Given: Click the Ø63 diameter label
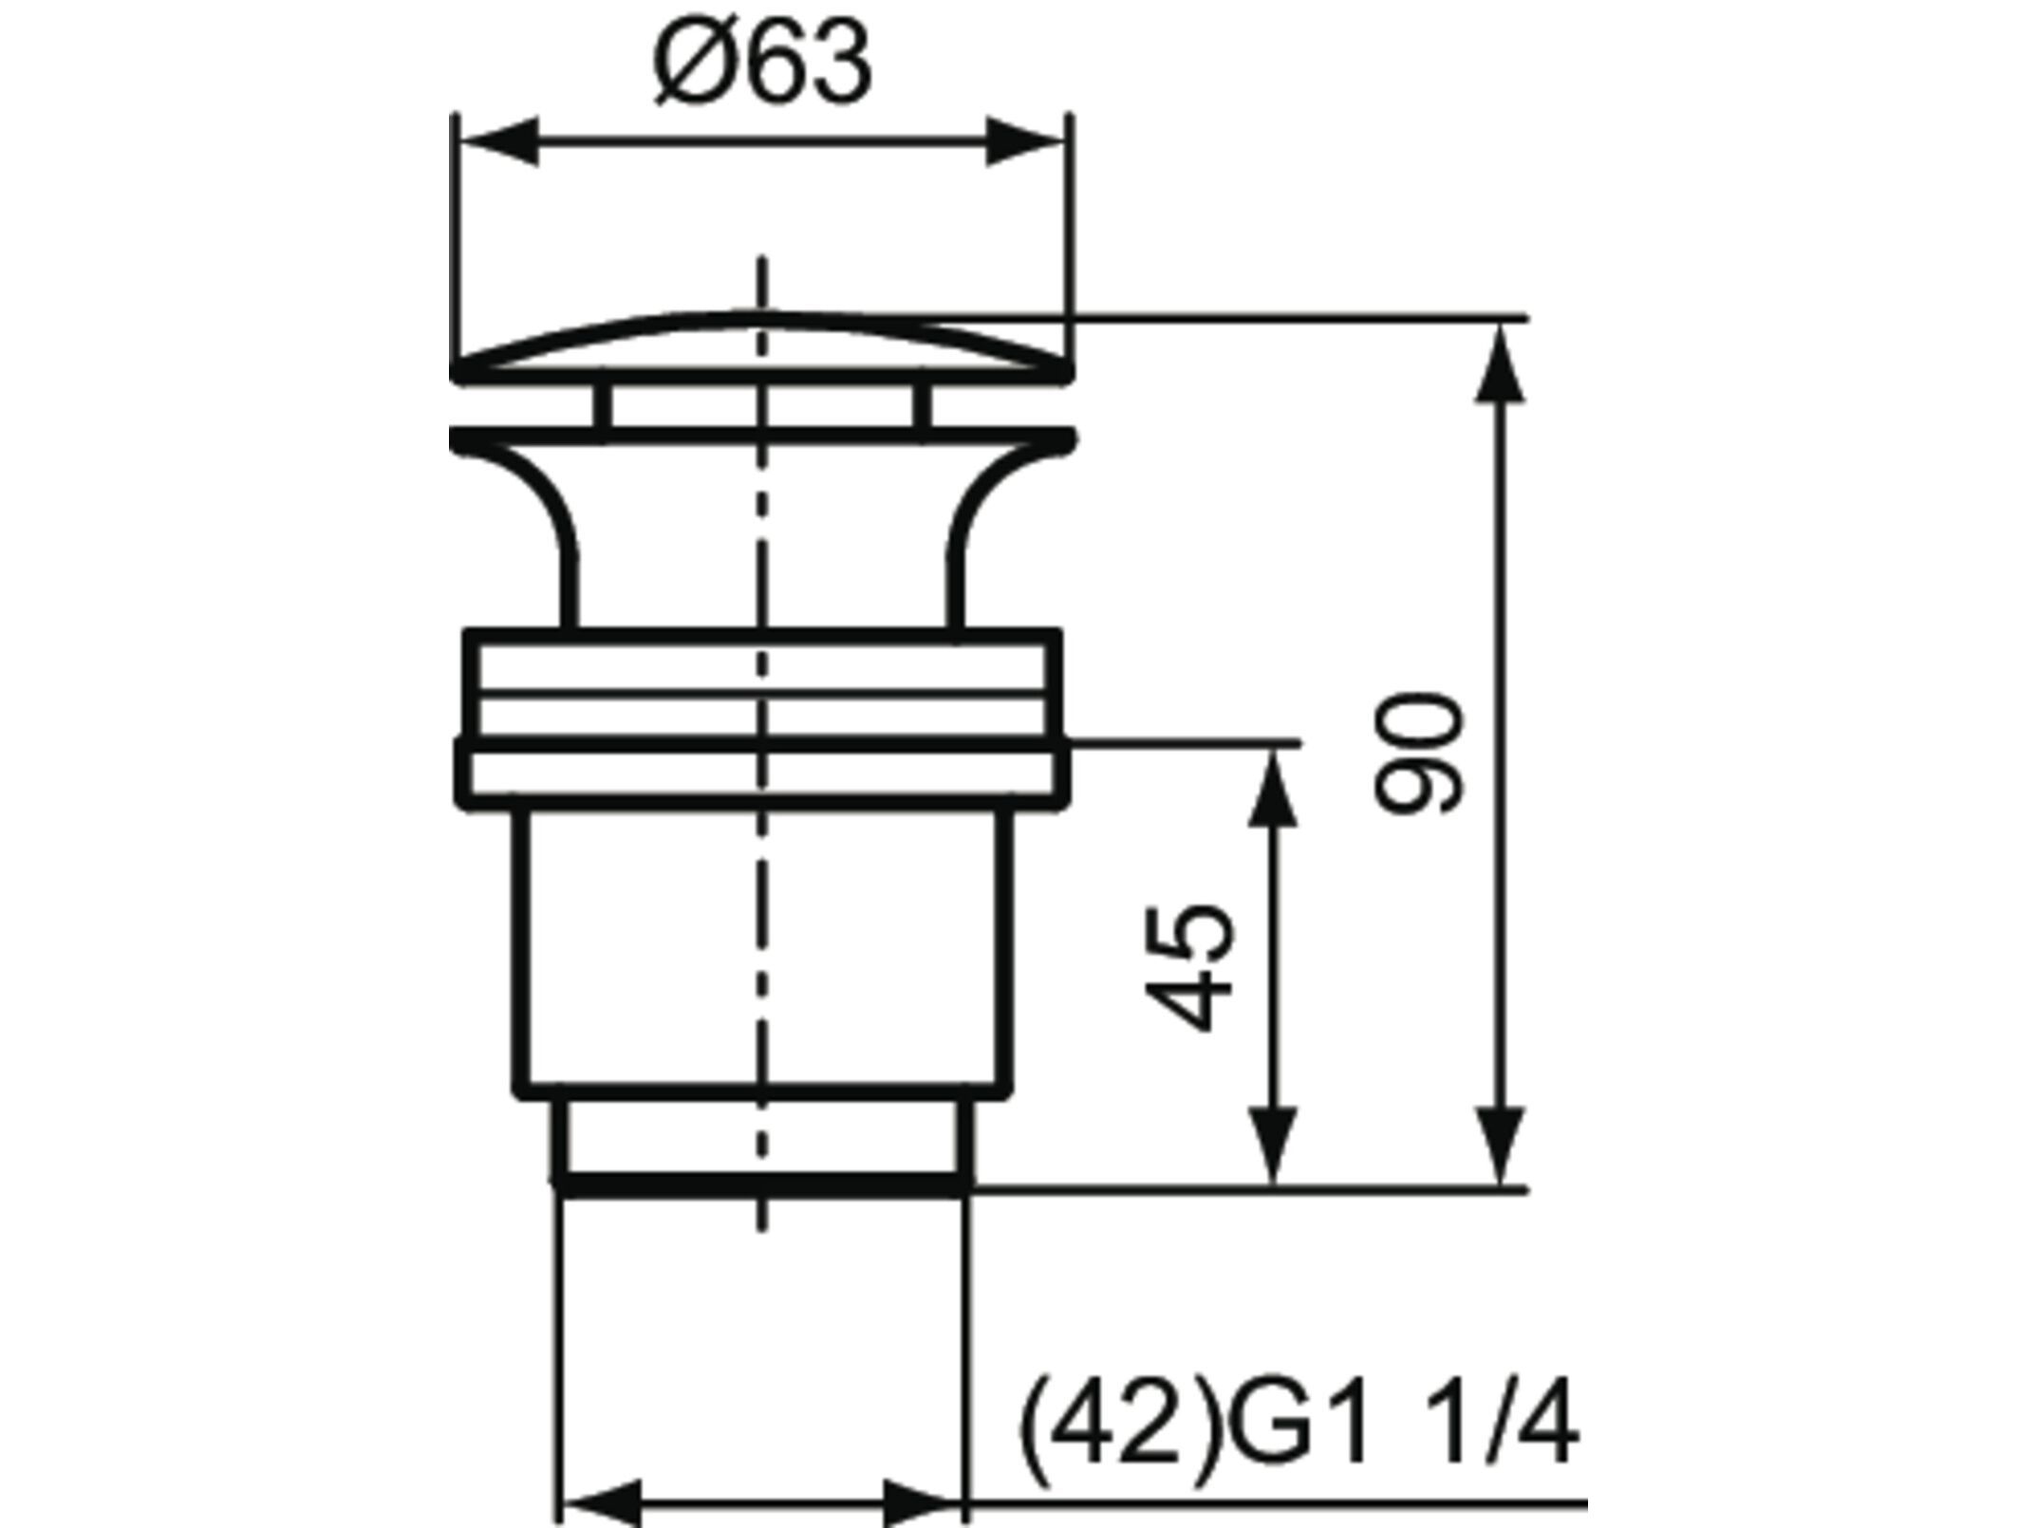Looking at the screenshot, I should (762, 65).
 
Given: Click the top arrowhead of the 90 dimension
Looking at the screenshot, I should (1502, 365).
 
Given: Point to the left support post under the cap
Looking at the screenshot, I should (602, 406).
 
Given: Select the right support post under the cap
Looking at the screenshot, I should (922, 406).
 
